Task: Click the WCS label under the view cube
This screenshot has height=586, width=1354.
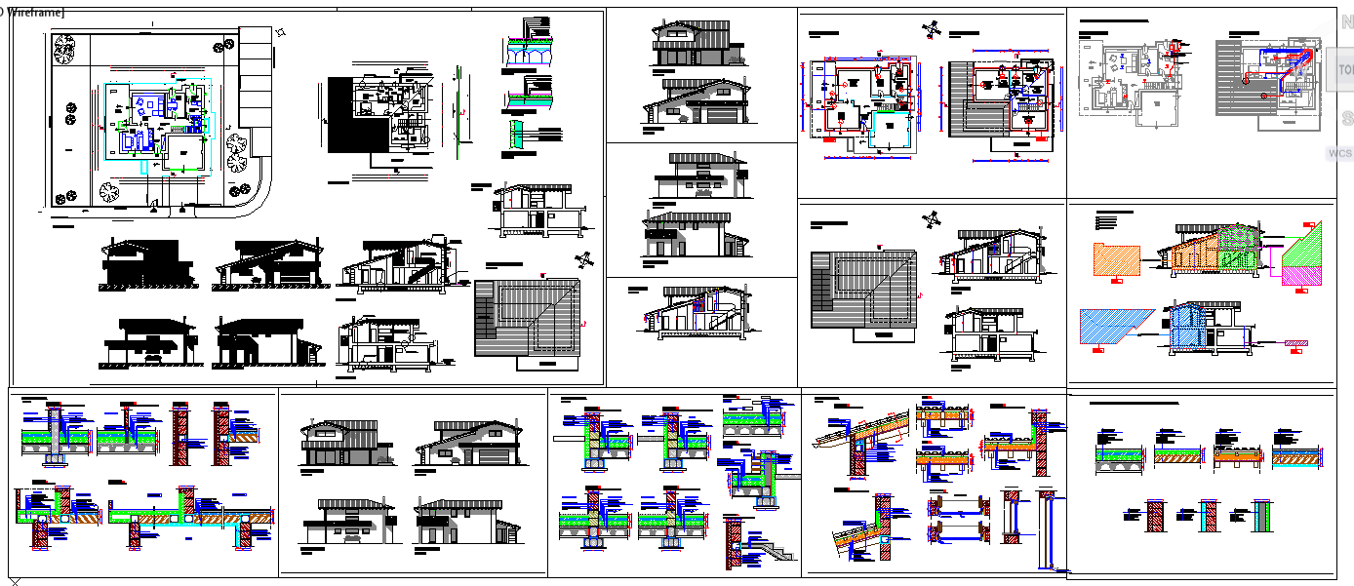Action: click(1339, 153)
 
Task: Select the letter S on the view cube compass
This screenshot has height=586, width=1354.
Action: click(1346, 118)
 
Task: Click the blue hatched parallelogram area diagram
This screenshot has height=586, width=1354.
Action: click(1115, 326)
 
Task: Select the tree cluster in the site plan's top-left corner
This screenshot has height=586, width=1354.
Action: click(64, 48)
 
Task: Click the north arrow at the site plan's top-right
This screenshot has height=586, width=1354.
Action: click(281, 32)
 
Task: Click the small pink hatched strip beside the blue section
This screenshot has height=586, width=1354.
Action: click(1297, 342)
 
